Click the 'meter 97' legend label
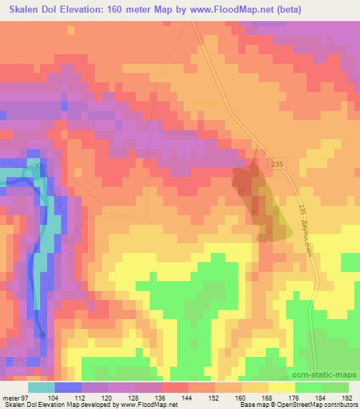15,398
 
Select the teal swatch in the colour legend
41,387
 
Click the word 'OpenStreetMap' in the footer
291,405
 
